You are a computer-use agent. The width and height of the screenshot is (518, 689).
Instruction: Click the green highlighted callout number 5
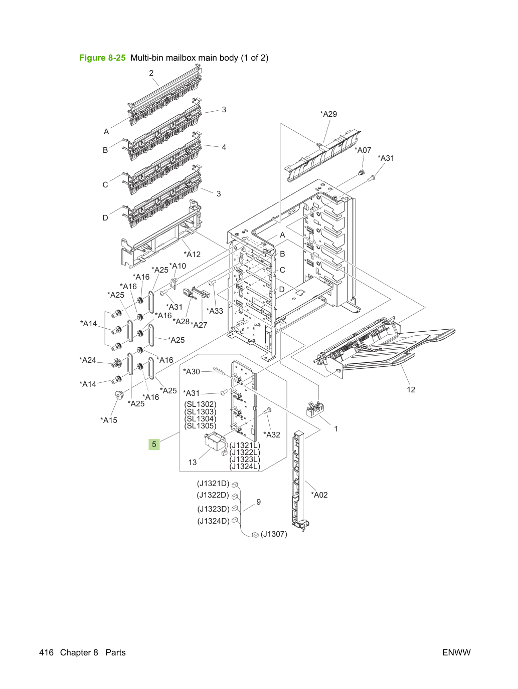154,444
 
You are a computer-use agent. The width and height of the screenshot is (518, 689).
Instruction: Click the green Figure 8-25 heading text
102,58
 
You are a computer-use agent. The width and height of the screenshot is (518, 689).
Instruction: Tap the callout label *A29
328,114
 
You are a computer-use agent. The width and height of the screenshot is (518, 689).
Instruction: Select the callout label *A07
363,150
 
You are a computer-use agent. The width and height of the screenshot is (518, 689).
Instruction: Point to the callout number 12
411,389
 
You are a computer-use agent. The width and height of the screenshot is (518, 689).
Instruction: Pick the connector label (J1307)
274,534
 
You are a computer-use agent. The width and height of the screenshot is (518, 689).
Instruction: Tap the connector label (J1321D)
213,484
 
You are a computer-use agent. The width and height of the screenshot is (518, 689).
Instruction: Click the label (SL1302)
200,404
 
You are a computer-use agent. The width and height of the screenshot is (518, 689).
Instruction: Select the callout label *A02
319,495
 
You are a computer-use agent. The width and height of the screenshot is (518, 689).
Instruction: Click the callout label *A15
109,420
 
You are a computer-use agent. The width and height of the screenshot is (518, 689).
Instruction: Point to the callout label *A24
88,360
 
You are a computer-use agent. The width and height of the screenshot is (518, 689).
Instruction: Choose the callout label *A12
192,254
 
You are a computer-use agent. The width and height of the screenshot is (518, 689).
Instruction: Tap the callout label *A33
215,311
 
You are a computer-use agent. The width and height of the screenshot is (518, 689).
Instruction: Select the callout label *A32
271,435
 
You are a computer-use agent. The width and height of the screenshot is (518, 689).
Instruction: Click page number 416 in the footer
46,652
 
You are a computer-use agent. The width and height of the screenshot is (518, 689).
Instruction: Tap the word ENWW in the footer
456,652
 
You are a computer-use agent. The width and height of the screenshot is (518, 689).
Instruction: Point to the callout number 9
259,502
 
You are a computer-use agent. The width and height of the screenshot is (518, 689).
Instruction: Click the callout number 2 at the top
151,73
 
